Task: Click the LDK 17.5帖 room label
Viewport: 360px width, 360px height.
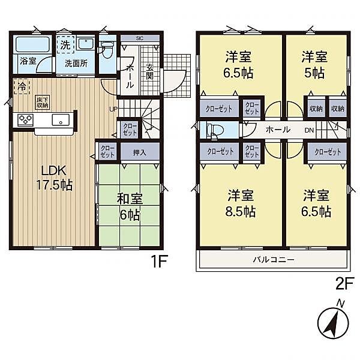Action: pos(54,178)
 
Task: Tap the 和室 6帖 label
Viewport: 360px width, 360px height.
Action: pos(130,207)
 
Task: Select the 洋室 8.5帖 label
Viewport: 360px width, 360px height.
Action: pos(241,203)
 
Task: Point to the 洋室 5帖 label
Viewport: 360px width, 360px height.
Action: pos(314,65)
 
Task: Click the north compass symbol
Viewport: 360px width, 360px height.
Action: pos(333,322)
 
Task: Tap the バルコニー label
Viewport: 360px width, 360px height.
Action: pos(274,260)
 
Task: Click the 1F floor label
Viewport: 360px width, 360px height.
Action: pos(158,261)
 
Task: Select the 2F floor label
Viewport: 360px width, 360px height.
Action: pos(345,283)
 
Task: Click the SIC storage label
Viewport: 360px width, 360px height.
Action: pos(140,38)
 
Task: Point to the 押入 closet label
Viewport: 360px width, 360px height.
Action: pos(139,152)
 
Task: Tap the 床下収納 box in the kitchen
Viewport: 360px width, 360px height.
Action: pos(43,103)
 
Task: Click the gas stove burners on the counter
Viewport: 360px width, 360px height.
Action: pos(25,119)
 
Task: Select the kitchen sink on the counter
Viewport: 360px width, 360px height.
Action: pos(61,120)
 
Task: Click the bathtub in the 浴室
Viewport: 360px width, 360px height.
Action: pos(32,44)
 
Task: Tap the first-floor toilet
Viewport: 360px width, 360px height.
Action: pos(106,49)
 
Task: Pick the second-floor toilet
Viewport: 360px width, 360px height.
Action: pos(215,131)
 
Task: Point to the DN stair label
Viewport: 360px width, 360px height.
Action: pos(309,130)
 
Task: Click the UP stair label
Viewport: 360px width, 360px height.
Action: pos(113,109)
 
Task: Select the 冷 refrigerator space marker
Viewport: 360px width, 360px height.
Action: pos(22,86)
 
